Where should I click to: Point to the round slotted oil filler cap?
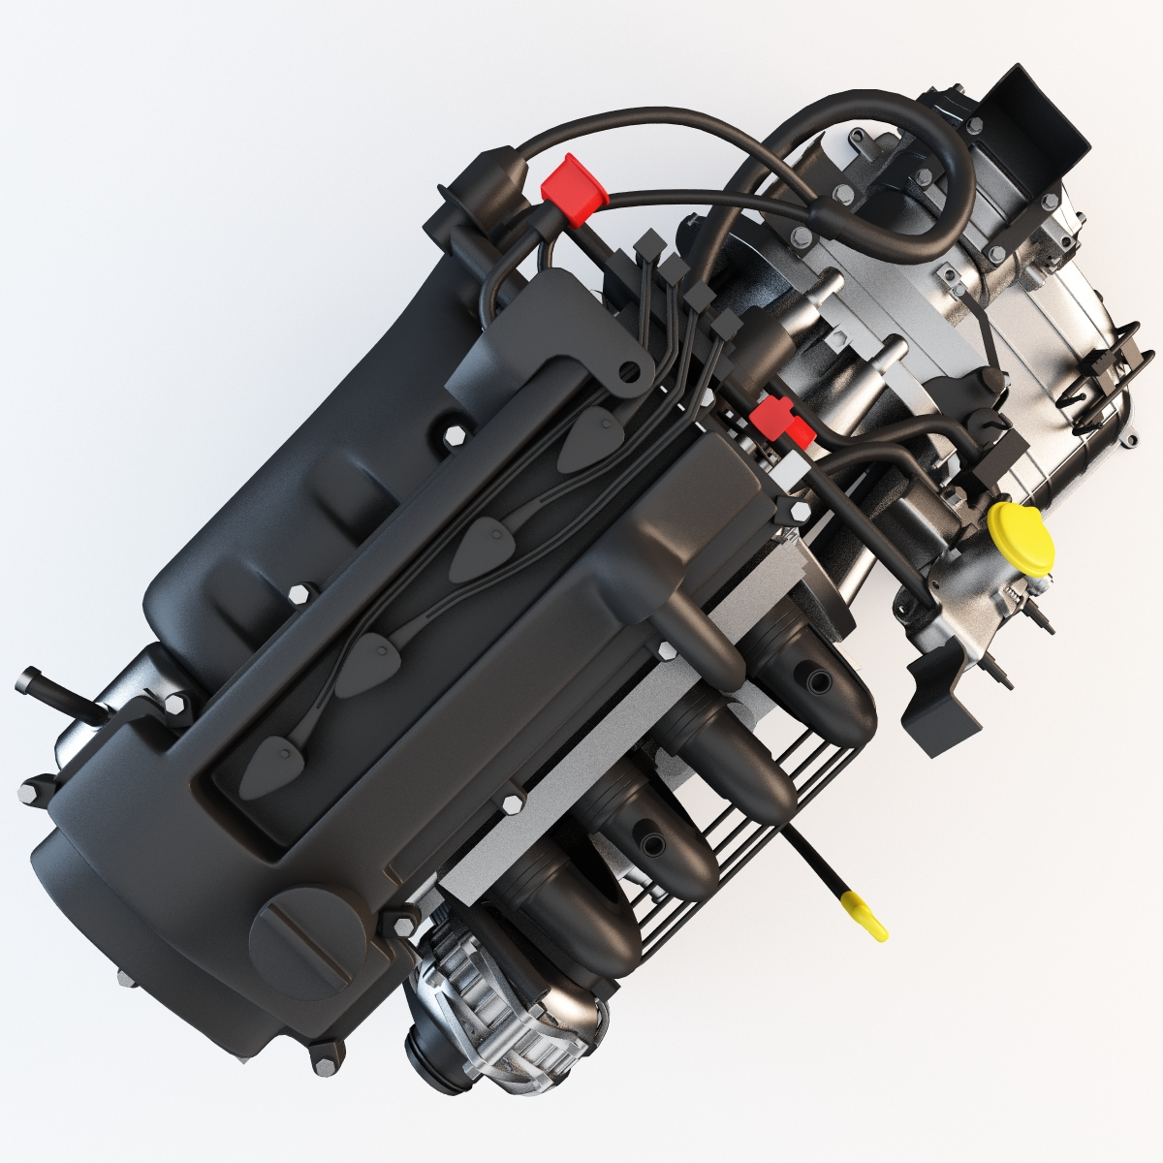coord(291,935)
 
